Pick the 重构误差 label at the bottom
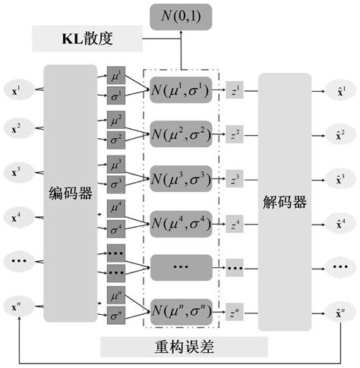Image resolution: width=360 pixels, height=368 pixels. (185, 348)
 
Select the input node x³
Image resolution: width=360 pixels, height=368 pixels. (17, 171)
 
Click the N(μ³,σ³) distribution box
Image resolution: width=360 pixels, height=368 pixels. (181, 180)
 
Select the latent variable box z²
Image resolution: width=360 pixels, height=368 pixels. (235, 136)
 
